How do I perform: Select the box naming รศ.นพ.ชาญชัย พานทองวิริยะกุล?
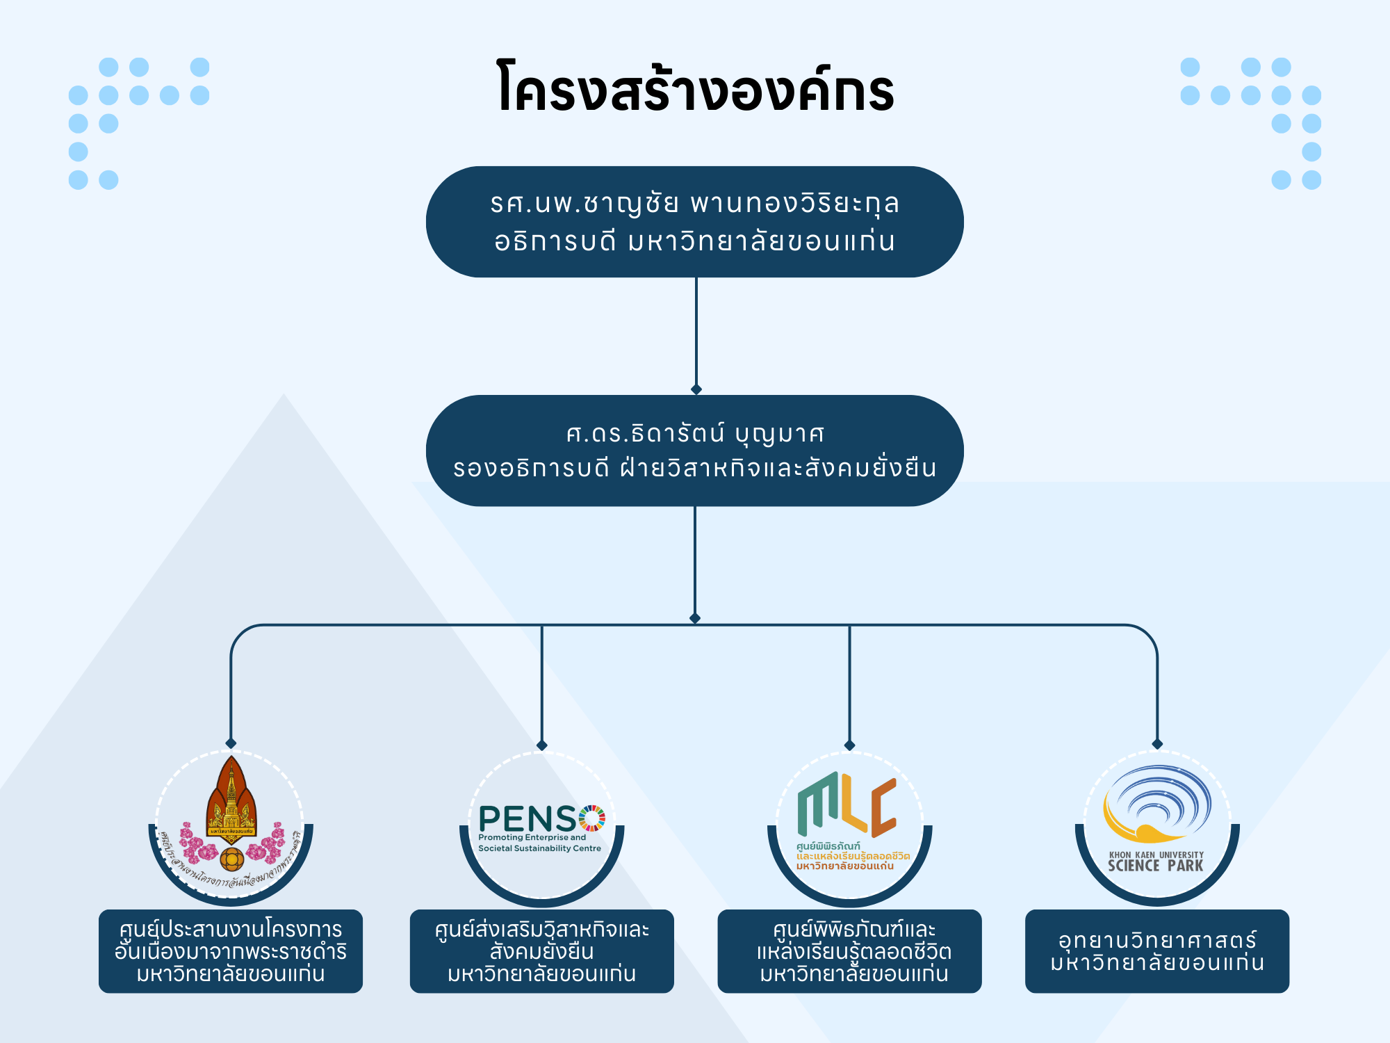tap(694, 222)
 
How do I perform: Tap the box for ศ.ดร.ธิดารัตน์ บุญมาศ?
tap(694, 451)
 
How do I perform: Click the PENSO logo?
tap(541, 827)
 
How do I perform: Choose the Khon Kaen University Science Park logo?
tap(1157, 820)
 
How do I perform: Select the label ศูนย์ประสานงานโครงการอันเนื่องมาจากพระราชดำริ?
tap(231, 951)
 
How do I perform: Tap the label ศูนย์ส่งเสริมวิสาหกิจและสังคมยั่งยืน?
tap(541, 951)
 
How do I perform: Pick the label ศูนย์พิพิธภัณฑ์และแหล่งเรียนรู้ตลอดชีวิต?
tap(849, 951)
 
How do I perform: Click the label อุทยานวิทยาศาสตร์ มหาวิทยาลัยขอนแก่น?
tap(1157, 951)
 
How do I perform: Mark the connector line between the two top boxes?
tap(696, 334)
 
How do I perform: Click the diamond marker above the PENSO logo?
tap(542, 745)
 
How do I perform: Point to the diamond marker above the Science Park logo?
tap(1157, 744)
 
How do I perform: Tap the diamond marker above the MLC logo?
tap(849, 745)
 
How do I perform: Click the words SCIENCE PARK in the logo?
tap(1155, 866)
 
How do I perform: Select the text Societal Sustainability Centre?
tap(539, 848)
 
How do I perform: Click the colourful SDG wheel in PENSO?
tap(592, 818)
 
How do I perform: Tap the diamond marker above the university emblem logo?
tap(231, 743)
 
